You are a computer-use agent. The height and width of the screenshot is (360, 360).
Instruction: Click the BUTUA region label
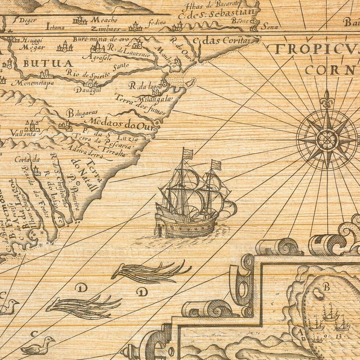tap(48, 63)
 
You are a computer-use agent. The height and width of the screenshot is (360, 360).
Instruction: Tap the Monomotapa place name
tap(32, 83)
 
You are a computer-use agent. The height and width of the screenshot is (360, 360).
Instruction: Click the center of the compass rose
tap(327, 140)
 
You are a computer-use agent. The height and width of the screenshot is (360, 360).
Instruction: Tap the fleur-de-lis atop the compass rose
tap(326, 98)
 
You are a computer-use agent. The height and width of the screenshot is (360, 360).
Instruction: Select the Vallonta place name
tap(23, 134)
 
